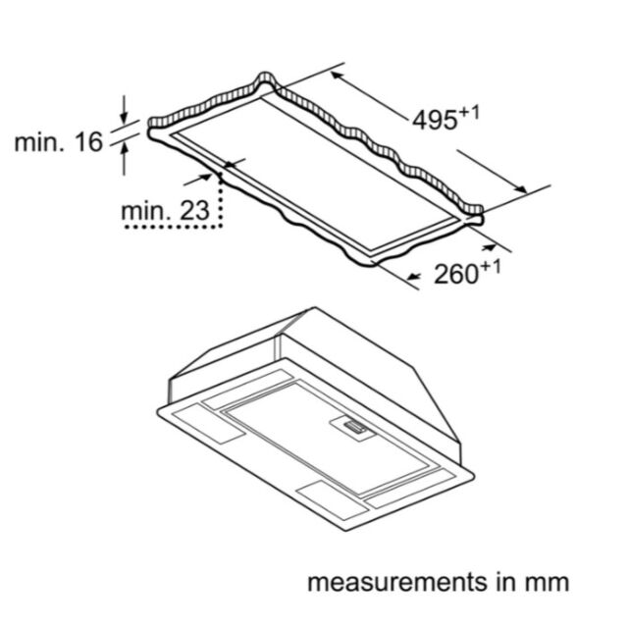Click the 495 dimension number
click(x=435, y=120)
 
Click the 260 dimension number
click(x=456, y=275)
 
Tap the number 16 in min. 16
click(x=89, y=141)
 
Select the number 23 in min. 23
click(x=194, y=211)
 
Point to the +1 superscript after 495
click(x=469, y=114)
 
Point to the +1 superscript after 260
click(x=491, y=268)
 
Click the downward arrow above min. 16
click(x=125, y=109)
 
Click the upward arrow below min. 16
click(x=125, y=159)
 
